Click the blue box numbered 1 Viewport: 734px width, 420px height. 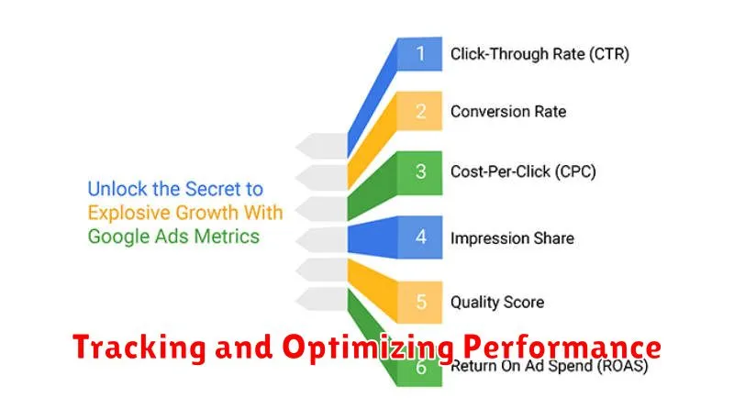(x=419, y=54)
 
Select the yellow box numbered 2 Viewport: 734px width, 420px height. (x=419, y=111)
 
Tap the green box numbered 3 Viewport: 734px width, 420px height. (x=419, y=172)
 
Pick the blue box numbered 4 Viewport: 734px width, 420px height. (x=419, y=238)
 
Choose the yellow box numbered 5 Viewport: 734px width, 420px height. (x=419, y=302)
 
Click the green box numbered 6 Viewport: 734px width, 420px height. (x=419, y=368)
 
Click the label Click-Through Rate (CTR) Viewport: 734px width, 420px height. (x=539, y=54)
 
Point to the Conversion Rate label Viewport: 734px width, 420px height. (x=508, y=112)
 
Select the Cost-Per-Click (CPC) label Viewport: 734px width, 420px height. (x=523, y=171)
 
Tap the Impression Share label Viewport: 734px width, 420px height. (x=512, y=238)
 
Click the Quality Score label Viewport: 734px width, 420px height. (x=497, y=303)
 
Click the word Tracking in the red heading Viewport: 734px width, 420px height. (x=139, y=348)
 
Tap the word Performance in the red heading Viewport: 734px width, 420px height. (x=562, y=347)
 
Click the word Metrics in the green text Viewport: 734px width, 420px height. (x=227, y=237)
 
